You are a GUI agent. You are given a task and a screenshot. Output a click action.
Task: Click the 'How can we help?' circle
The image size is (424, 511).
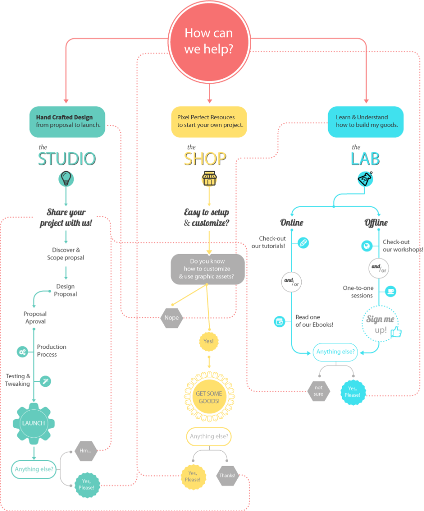(x=209, y=40)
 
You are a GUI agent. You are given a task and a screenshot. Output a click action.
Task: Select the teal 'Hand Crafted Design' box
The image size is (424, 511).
(x=67, y=121)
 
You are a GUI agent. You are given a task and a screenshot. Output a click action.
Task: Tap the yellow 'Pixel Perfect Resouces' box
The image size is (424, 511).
(x=209, y=121)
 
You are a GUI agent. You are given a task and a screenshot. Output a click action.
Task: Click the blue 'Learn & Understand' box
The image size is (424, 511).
(x=366, y=121)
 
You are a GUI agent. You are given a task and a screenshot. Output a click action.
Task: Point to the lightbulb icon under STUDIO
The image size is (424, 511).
(x=65, y=178)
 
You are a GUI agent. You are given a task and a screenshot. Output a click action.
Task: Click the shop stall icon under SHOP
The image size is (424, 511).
(x=209, y=179)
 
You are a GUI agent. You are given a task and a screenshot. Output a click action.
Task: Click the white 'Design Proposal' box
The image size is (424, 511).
(x=65, y=290)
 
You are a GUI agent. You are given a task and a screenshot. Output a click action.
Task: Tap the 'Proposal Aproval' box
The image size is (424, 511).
(x=35, y=318)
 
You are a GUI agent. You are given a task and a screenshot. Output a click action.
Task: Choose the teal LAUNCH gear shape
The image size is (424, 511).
(x=33, y=423)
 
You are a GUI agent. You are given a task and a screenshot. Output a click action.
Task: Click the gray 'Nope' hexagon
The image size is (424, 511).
(x=171, y=318)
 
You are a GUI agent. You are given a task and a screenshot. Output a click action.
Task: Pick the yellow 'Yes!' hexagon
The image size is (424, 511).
(x=209, y=341)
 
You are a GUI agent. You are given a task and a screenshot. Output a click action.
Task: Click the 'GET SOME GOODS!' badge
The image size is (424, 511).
(x=209, y=397)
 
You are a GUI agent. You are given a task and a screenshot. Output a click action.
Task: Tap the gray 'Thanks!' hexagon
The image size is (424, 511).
(x=227, y=476)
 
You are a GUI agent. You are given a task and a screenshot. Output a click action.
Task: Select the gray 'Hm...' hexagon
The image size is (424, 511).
(x=85, y=451)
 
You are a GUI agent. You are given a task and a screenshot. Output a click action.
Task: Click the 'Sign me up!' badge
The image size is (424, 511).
(x=381, y=325)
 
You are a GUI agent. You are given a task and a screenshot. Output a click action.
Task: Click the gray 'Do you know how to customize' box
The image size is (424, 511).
(x=208, y=269)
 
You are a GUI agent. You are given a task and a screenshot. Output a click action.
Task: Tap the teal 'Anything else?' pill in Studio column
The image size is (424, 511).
(x=34, y=469)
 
